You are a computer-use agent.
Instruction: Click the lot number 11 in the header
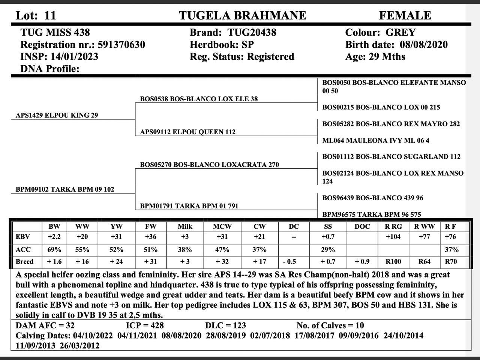click(x=50, y=15)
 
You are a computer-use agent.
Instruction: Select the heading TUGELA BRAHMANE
click(x=242, y=15)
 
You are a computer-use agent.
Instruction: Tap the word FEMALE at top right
click(x=405, y=15)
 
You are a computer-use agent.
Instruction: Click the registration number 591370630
click(x=121, y=45)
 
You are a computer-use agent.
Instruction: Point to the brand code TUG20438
click(x=252, y=32)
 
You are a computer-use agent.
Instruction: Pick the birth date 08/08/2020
click(x=423, y=45)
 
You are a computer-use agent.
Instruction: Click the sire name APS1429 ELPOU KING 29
click(x=57, y=115)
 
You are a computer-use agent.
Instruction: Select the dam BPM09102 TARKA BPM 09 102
click(x=65, y=189)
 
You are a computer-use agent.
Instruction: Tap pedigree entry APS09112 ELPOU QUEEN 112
click(x=187, y=132)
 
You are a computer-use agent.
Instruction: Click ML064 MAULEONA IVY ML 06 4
click(x=376, y=141)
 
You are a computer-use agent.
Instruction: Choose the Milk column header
click(x=185, y=226)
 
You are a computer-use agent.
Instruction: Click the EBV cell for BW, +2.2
click(x=54, y=237)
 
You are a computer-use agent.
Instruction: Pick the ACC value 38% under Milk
click(x=185, y=250)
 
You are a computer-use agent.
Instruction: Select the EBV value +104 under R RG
click(x=393, y=237)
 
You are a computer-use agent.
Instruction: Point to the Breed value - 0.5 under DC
click(x=294, y=262)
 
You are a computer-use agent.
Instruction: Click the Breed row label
click(x=24, y=262)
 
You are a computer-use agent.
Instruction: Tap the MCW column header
click(x=222, y=226)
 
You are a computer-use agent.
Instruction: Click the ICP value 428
click(x=154, y=325)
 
